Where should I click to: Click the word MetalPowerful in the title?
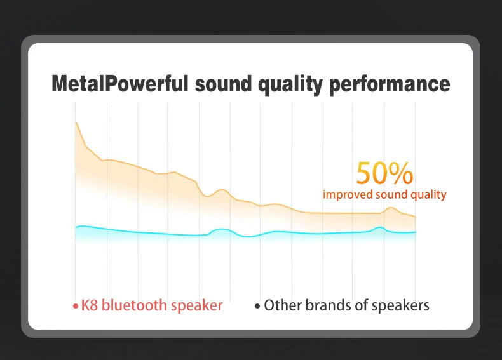tap(119, 84)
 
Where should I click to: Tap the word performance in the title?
tap(390, 84)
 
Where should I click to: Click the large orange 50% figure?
tap(384, 173)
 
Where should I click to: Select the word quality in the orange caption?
tap(426, 195)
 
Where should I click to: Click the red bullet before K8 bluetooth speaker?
tap(75, 307)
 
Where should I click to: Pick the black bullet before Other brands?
tap(257, 307)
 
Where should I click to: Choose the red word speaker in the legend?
tap(198, 306)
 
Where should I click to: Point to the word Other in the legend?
tap(282, 305)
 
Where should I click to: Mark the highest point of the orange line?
tap(76, 122)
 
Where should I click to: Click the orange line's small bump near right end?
tap(391, 208)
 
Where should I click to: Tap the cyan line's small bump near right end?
tap(380, 227)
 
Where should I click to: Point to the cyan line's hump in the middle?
tap(220, 229)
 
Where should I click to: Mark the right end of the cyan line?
tap(416, 232)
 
